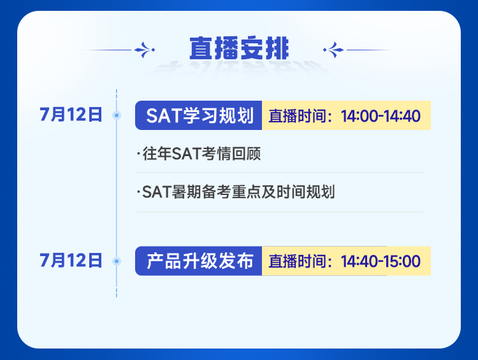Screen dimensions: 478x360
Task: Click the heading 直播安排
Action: click(x=239, y=48)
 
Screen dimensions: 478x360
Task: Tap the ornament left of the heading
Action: click(x=145, y=50)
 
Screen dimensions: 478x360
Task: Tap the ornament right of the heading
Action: click(x=333, y=50)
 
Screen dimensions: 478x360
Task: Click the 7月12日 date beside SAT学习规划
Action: click(x=71, y=115)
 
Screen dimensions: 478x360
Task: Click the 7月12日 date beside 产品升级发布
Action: click(x=71, y=261)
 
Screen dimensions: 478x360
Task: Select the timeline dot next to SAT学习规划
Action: click(x=117, y=115)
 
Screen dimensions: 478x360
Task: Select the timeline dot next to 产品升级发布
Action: click(x=117, y=261)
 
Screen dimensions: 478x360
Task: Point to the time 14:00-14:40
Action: click(x=380, y=116)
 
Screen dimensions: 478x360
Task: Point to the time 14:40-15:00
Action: click(x=380, y=261)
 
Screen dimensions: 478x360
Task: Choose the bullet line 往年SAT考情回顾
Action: click(x=199, y=154)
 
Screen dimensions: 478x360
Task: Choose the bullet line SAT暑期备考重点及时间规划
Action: click(x=236, y=192)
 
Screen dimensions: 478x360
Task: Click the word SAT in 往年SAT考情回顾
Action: click(x=186, y=154)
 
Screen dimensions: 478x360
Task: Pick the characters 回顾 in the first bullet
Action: click(x=246, y=154)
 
